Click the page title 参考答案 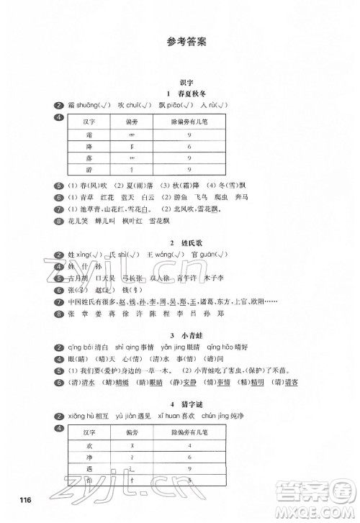[179, 42]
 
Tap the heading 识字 [180, 84]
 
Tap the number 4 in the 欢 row [188, 447]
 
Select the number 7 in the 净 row [188, 458]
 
